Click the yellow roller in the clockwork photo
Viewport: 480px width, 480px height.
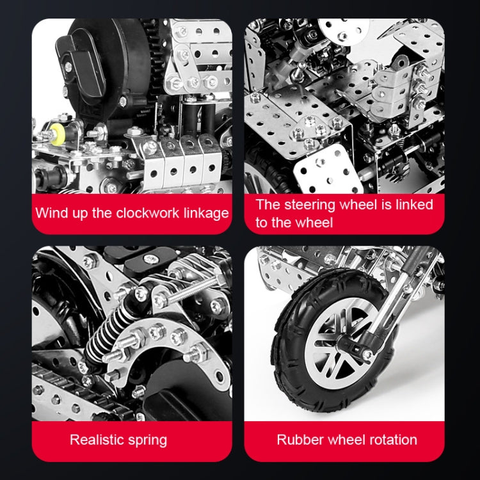[56, 134]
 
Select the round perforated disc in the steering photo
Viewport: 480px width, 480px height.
[344, 30]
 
